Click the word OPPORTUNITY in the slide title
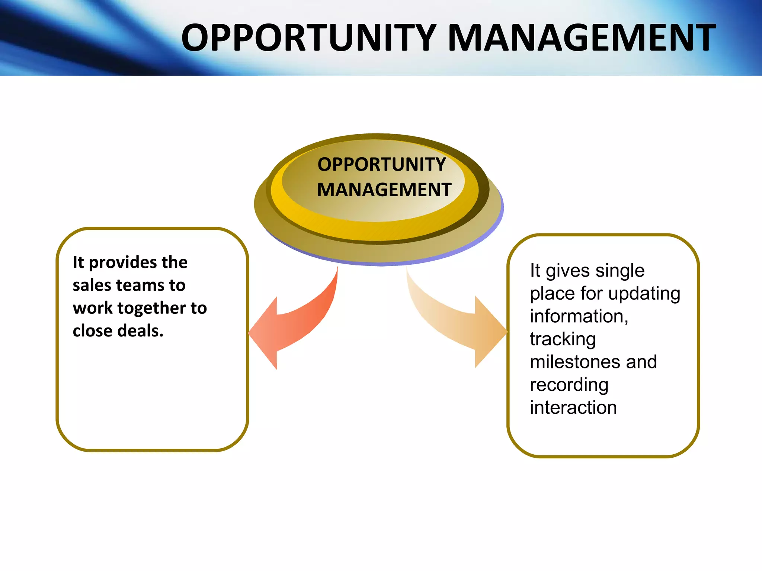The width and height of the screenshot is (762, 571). coord(309,38)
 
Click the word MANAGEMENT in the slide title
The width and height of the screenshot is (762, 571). coord(582,38)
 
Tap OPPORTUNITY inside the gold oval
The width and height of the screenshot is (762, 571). coord(381,164)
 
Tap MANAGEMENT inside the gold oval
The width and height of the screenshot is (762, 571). coord(384,190)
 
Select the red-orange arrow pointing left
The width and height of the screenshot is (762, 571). coord(294,323)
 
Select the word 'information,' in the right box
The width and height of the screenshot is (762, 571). coord(579,316)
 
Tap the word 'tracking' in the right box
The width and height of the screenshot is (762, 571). coord(563,339)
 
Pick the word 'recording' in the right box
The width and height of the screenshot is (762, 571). coord(569,385)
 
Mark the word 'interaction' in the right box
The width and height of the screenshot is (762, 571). coord(573,408)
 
